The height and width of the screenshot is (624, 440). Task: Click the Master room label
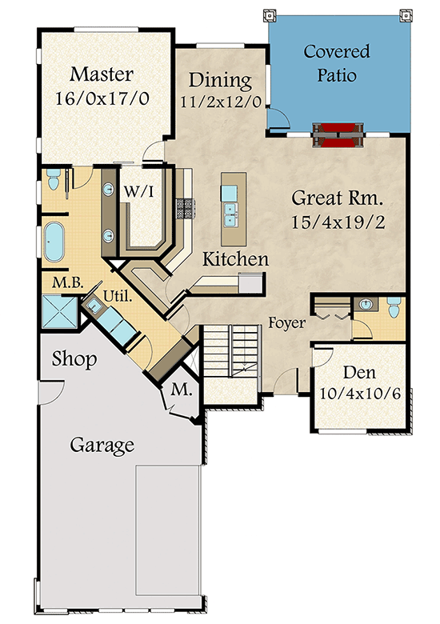(x=101, y=75)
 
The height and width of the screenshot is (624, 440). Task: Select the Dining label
(x=219, y=81)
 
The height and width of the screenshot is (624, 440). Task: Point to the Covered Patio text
(x=336, y=64)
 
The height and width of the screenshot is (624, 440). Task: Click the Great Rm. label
(x=338, y=198)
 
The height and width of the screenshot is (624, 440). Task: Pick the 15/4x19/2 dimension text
(x=338, y=222)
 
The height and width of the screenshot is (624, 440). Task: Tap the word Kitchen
(x=234, y=259)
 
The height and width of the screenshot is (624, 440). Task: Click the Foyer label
(x=286, y=323)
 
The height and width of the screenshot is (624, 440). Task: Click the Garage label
(x=101, y=444)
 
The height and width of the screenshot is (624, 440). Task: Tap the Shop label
(x=74, y=359)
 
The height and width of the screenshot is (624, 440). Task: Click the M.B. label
(x=64, y=282)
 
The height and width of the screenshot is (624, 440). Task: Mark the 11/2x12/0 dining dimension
(x=219, y=102)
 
